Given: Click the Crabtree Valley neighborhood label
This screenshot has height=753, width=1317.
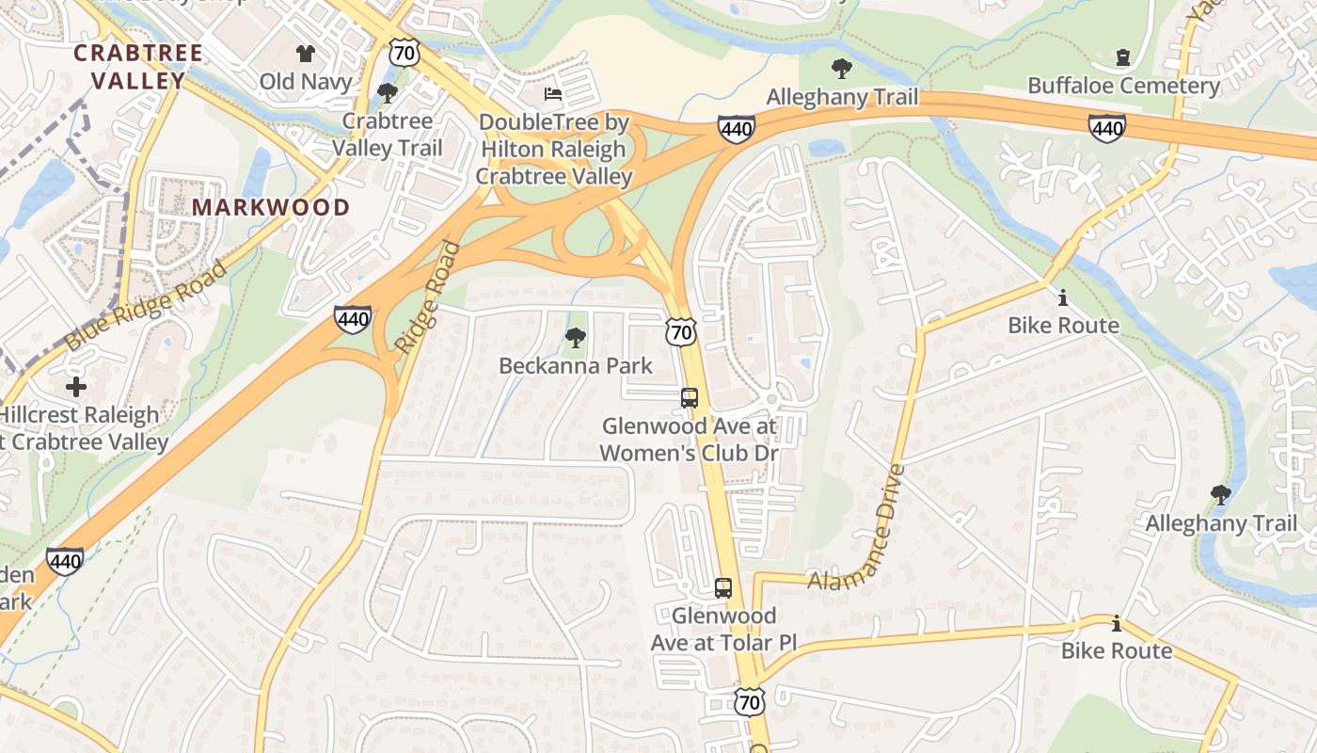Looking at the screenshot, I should (138, 66).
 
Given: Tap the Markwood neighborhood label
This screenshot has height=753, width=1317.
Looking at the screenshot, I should (271, 207).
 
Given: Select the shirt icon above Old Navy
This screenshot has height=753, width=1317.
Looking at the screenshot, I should (306, 54).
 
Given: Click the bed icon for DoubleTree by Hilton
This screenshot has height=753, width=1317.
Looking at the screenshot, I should (553, 94).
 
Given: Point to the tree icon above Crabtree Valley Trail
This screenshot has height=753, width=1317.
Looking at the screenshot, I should (387, 93).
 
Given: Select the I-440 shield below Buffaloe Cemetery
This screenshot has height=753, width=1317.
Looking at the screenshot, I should (1107, 128).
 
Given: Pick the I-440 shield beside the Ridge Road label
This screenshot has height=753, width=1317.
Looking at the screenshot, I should (352, 320).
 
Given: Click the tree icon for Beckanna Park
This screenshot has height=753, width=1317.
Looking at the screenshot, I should (575, 338).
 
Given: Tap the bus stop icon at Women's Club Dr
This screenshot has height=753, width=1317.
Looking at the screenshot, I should (690, 398).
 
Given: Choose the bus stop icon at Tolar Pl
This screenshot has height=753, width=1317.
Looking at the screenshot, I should (722, 588).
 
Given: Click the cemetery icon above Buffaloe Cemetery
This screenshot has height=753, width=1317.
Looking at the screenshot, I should (1122, 58).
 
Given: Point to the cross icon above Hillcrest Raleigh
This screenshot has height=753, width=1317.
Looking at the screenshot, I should (76, 387).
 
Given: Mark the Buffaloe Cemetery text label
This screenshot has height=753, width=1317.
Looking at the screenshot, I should (1123, 86).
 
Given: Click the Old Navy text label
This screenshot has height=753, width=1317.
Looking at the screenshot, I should (306, 82).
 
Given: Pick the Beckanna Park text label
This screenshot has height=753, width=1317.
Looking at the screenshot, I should (576, 365).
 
